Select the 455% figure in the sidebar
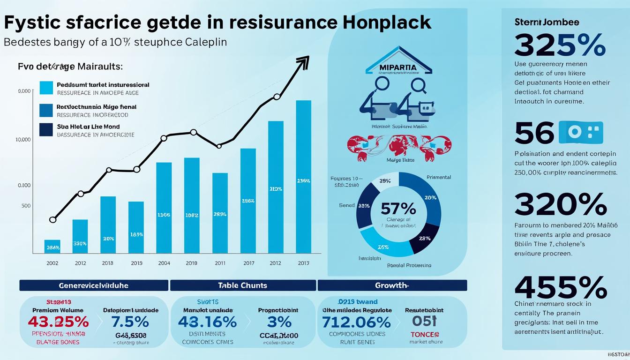[560, 287]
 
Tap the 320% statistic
[560, 205]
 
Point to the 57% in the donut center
[398, 208]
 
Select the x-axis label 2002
[52, 263]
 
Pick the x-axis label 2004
[164, 263]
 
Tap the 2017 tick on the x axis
[248, 263]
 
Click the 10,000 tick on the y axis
[23, 140]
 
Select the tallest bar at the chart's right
[304, 177]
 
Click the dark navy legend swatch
[46, 130]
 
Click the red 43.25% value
[58, 322]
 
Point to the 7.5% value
[130, 322]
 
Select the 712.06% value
[356, 322]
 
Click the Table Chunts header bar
[242, 285]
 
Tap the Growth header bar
[392, 285]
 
